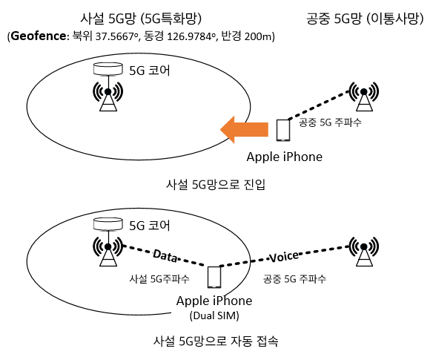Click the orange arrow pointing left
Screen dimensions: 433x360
pyautogui.click(x=244, y=129)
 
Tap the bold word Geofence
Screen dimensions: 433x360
pyautogui.click(x=39, y=36)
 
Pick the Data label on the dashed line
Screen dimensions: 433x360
pyautogui.click(x=165, y=255)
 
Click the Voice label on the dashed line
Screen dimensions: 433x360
pyautogui.click(x=284, y=257)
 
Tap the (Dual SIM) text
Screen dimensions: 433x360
pyautogui.click(x=214, y=315)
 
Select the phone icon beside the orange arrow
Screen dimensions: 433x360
pyautogui.click(x=283, y=130)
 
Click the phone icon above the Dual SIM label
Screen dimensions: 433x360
pyautogui.click(x=214, y=277)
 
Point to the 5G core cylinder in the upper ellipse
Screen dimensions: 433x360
pyautogui.click(x=108, y=69)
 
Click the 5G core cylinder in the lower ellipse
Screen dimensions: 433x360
pyautogui.click(x=108, y=223)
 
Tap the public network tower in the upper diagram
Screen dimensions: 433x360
pyautogui.click(x=364, y=96)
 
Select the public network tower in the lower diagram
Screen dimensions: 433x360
pyautogui.click(x=364, y=251)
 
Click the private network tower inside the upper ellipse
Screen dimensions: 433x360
pyautogui.click(x=108, y=96)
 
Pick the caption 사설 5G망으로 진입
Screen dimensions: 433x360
pyautogui.click(x=216, y=184)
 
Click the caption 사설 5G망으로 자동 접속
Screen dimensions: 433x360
pyautogui.click(x=216, y=341)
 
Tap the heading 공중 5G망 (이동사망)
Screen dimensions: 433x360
pyautogui.click(x=365, y=19)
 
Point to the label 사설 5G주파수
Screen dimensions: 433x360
pyautogui.click(x=159, y=278)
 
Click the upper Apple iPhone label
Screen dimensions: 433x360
pyautogui.click(x=285, y=157)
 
